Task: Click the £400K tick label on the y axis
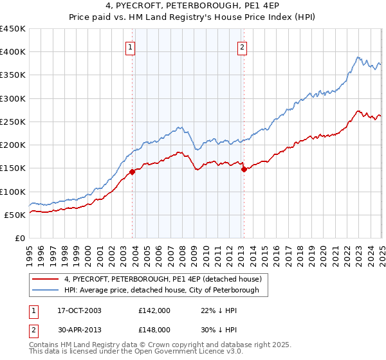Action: coord(12,52)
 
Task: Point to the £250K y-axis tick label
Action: coord(12,122)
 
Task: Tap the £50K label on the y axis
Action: coord(15,215)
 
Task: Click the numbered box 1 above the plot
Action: coord(130,46)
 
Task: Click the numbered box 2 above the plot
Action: coord(242,46)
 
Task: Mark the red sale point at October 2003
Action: coord(133,172)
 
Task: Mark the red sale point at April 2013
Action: coord(244,170)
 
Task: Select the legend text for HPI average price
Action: coord(161,290)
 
